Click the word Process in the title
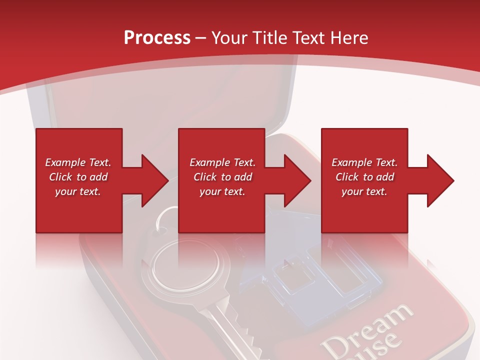(157, 37)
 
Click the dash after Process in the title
(201, 38)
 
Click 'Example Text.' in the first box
(78, 162)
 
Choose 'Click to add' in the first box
(78, 177)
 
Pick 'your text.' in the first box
(78, 191)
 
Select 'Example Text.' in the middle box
(222, 162)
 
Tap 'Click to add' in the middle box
(222, 177)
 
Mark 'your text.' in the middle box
(222, 191)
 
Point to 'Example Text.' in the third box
(364, 162)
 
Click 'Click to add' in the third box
(364, 177)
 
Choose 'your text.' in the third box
(364, 191)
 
